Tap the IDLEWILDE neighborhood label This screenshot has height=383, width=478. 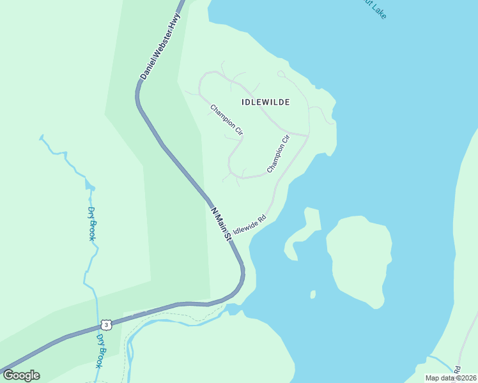coord(266,102)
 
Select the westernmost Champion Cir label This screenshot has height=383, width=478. coord(227,119)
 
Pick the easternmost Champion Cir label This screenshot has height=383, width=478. coord(279,154)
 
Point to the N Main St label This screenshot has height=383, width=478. coord(220,222)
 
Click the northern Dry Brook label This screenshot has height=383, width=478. coord(92,223)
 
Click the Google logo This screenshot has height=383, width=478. coord(21,375)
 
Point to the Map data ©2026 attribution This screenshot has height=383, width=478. coord(451,378)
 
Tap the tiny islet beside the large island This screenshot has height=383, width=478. coord(312,294)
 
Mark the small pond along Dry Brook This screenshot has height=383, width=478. coord(89,186)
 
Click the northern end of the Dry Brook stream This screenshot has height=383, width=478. coord(42,137)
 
